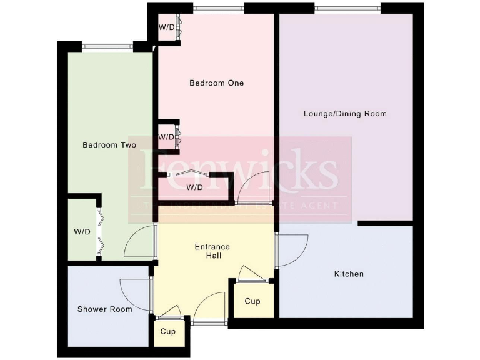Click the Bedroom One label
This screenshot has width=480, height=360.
(x=217, y=83)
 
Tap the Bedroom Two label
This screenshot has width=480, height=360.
(x=109, y=145)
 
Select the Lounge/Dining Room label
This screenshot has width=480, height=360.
(x=345, y=114)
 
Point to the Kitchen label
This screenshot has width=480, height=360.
(x=349, y=274)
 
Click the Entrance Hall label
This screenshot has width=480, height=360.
(x=217, y=251)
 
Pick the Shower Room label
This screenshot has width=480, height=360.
(x=105, y=309)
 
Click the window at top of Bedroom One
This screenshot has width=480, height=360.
(x=218, y=9)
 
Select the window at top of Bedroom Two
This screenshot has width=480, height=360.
(x=107, y=45)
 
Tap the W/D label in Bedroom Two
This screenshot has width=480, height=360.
(x=82, y=232)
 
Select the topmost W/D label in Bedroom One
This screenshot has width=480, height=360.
(x=166, y=27)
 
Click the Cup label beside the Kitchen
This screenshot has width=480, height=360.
(x=252, y=302)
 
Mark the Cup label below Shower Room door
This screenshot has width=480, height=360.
(x=168, y=332)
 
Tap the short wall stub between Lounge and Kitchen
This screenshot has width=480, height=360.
(x=385, y=223)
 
